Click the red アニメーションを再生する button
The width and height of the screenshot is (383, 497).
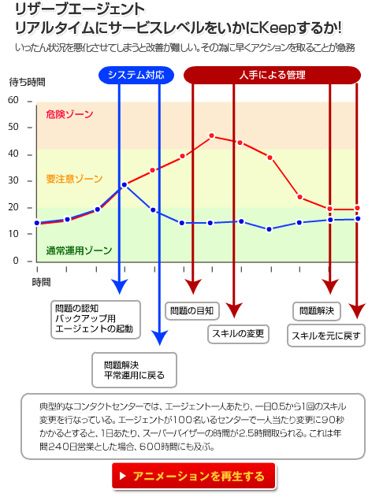(193, 476)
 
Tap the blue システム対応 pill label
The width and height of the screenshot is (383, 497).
(136, 75)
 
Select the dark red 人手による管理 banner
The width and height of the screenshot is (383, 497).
(272, 75)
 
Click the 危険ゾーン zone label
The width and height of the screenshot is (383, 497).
(69, 114)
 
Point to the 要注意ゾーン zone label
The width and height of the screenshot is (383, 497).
(74, 179)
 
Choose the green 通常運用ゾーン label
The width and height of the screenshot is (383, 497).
(79, 250)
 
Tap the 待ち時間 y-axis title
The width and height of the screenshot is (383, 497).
(28, 83)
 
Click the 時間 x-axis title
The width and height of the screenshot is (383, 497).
(41, 282)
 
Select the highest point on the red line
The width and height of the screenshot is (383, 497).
(212, 135)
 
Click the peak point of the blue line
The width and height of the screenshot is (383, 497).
(125, 185)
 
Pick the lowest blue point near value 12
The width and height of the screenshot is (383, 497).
(270, 229)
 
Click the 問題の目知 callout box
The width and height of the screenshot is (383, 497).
(192, 310)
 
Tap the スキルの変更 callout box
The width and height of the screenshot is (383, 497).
(238, 334)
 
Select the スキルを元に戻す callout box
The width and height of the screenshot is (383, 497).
(326, 336)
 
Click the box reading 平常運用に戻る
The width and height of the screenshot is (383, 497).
(134, 370)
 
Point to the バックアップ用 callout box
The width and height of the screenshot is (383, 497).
(95, 320)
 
